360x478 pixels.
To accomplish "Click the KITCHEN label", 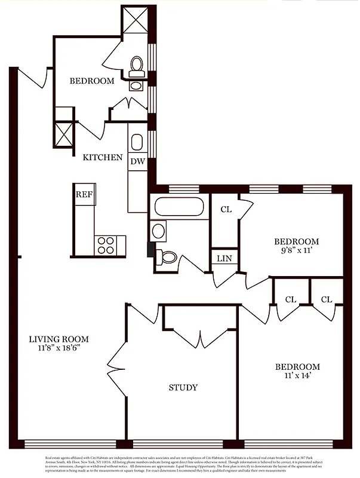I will click(x=103, y=158).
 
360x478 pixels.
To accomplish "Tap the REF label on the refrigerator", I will click(x=84, y=194).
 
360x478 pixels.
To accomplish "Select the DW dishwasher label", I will click(x=137, y=161).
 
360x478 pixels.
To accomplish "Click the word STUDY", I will click(x=183, y=388).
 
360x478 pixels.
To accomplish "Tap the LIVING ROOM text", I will click(x=63, y=339).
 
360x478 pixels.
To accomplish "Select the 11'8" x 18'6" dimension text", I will click(x=63, y=350).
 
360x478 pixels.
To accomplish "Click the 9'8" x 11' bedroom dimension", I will click(x=296, y=252).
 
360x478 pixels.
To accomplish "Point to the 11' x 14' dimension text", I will click(x=297, y=377).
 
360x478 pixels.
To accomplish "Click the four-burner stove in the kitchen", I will click(x=106, y=245).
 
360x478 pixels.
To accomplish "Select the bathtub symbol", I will click(x=180, y=207).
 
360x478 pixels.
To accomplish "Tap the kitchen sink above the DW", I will click(x=137, y=142).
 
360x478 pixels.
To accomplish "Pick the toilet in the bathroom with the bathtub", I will click(x=167, y=258).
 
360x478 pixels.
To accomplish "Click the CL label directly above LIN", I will click(x=226, y=209).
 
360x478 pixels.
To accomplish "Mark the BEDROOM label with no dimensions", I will click(x=91, y=81).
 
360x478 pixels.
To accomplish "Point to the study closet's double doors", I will click(x=201, y=338).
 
